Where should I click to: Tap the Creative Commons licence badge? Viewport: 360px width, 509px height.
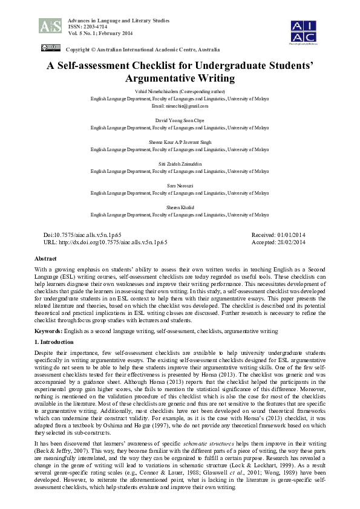50,48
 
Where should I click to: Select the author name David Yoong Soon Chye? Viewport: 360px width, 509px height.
180,120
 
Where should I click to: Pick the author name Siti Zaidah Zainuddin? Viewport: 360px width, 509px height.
180,164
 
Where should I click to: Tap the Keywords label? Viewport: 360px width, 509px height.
50,331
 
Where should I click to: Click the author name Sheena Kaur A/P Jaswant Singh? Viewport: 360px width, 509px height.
180,142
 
